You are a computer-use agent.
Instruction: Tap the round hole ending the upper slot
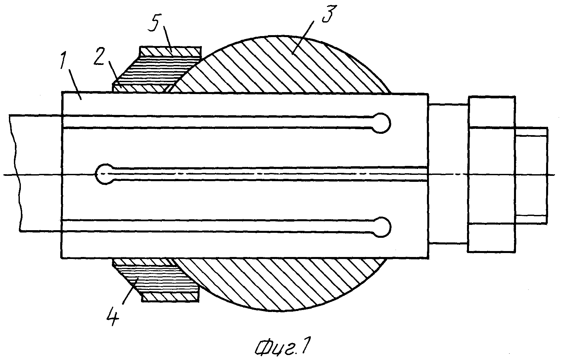[381, 123]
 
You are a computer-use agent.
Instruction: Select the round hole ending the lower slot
[381, 227]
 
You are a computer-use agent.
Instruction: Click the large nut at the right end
[491, 174]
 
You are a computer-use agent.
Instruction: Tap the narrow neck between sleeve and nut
[448, 174]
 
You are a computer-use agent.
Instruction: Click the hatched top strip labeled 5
[170, 52]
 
